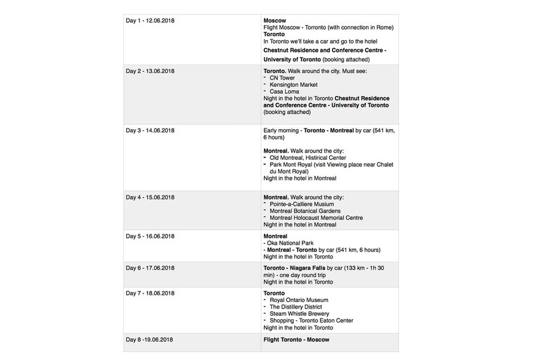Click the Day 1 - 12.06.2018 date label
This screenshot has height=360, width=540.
[x=150, y=21]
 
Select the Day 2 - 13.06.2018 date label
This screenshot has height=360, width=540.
[x=150, y=70]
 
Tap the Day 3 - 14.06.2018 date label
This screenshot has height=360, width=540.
[x=150, y=130]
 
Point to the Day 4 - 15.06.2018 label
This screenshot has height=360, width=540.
[x=150, y=197]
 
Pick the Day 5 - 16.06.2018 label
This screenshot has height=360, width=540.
[x=150, y=236]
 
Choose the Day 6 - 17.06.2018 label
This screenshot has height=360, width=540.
[x=150, y=268]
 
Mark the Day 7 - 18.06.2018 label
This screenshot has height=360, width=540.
[x=150, y=293]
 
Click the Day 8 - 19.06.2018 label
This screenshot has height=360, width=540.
[x=150, y=340]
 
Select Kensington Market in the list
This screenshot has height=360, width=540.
[x=293, y=85]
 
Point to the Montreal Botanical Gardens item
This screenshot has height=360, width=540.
[x=305, y=211]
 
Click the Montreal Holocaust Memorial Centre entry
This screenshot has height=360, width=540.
[x=316, y=218]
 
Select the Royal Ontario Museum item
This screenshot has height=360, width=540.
[x=302, y=300]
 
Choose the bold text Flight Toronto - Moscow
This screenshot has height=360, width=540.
[x=296, y=340]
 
